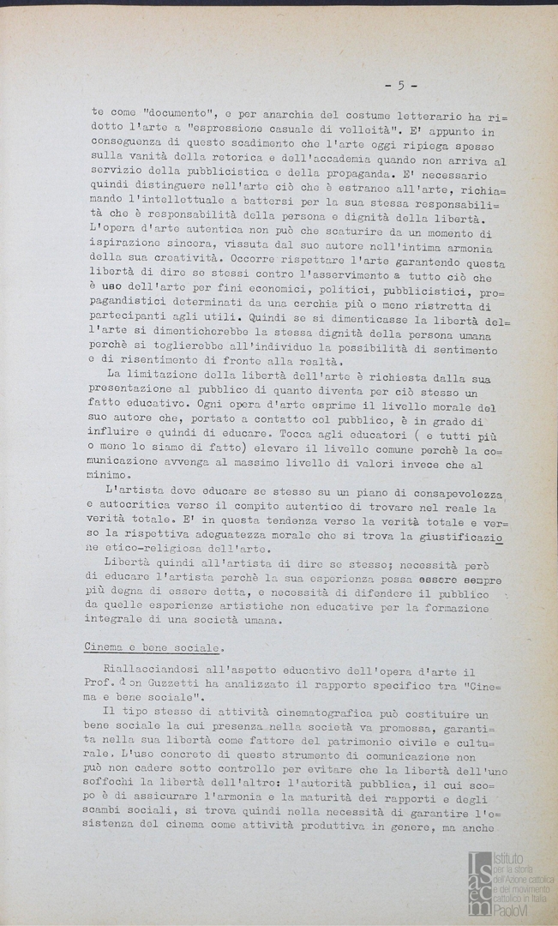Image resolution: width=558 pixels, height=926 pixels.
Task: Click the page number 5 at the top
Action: point(400,85)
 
